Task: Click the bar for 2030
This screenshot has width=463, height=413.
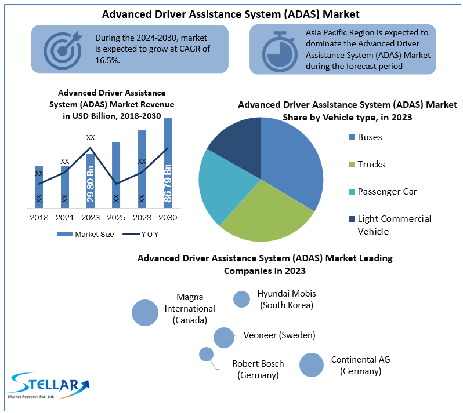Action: (x=168, y=163)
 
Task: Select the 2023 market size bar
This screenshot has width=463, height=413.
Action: (x=91, y=181)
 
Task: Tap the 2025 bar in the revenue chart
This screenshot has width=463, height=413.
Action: (x=116, y=175)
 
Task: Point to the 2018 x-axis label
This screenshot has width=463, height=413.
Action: (x=39, y=218)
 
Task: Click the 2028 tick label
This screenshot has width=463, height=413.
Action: (x=142, y=218)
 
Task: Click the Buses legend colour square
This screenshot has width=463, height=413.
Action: (x=352, y=137)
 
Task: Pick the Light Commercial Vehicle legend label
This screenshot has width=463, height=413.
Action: (x=395, y=225)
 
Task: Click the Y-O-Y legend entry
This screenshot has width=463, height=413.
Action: (x=140, y=235)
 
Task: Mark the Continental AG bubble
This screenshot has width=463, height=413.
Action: (x=312, y=365)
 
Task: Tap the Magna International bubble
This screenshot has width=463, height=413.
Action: (x=145, y=313)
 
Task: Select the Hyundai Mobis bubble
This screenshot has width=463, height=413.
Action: (x=241, y=299)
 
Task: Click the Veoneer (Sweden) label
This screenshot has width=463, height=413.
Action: (x=279, y=335)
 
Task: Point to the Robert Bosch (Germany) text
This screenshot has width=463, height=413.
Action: (x=258, y=370)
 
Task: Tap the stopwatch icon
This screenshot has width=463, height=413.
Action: (x=280, y=52)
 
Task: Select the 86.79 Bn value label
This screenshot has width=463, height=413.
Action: (x=168, y=184)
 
